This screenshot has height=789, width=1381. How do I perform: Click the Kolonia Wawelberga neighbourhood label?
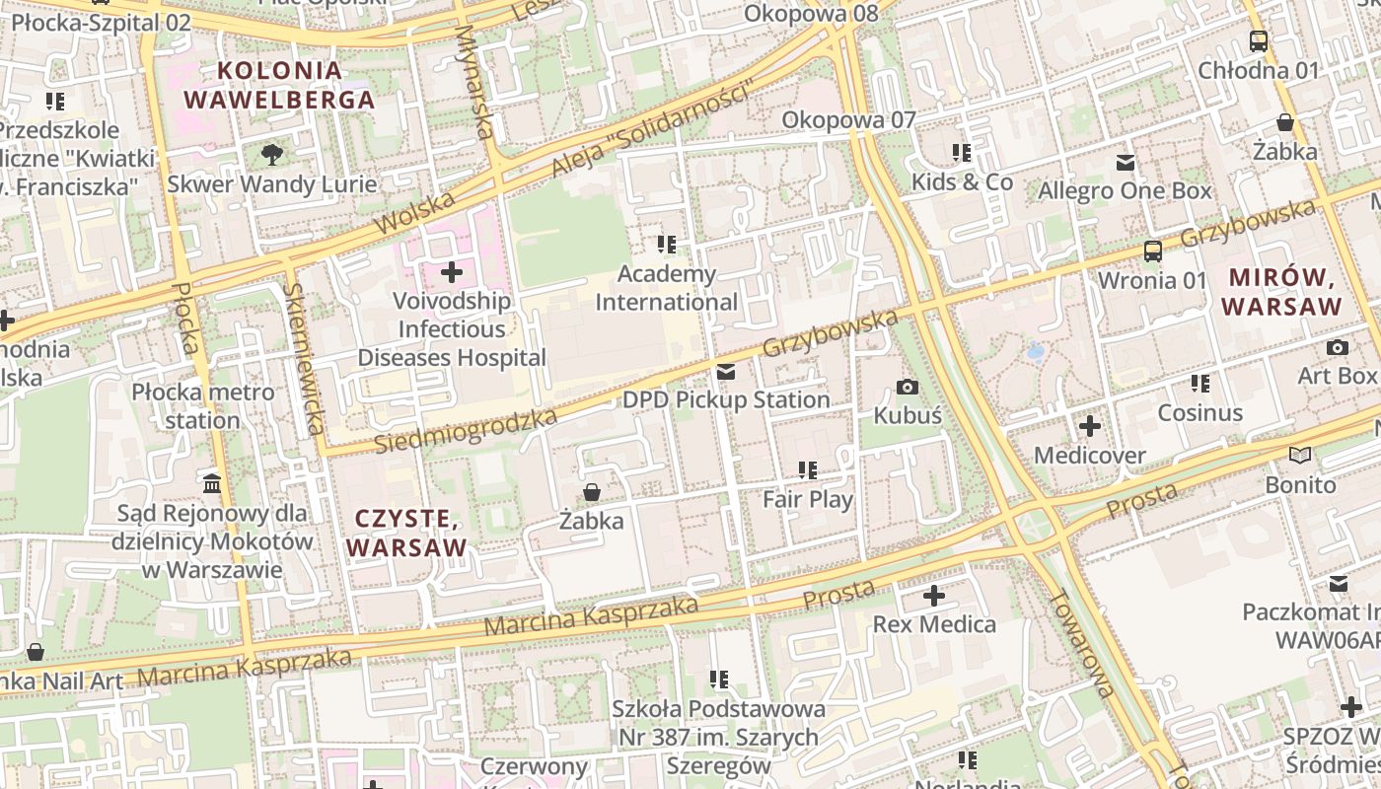pyautogui.click(x=279, y=85)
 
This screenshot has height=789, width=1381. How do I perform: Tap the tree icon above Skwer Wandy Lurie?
pyautogui.click(x=272, y=154)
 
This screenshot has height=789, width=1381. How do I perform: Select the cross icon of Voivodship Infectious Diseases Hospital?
pyautogui.click(x=452, y=271)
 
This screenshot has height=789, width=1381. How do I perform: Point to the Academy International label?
pyautogui.click(x=666, y=287)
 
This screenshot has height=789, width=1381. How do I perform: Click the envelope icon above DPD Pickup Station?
pyautogui.click(x=726, y=372)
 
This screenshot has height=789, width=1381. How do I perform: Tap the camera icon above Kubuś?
pyautogui.click(x=908, y=387)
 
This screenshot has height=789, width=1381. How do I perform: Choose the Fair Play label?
pyautogui.click(x=808, y=499)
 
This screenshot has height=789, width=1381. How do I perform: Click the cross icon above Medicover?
pyautogui.click(x=1089, y=426)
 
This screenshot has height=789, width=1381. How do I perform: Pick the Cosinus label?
pyautogui.click(x=1199, y=412)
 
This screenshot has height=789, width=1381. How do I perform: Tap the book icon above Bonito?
pyautogui.click(x=1300, y=455)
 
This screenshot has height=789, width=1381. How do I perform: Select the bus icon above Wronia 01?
pyautogui.click(x=1152, y=251)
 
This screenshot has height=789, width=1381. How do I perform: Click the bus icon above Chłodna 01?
pyautogui.click(x=1258, y=41)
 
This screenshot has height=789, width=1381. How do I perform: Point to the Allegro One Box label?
pyautogui.click(x=1125, y=190)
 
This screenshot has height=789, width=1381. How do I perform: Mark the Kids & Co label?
pyautogui.click(x=962, y=181)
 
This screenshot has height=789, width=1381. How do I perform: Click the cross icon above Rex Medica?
pyautogui.click(x=933, y=596)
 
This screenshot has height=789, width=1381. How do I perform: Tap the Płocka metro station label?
pyautogui.click(x=203, y=406)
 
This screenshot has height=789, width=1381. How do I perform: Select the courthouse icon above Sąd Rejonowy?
pyautogui.click(x=212, y=483)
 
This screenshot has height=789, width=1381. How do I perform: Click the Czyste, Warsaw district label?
pyautogui.click(x=406, y=533)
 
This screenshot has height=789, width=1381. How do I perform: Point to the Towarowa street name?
pyautogui.click(x=1082, y=643)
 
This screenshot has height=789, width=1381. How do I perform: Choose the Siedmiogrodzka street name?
pyautogui.click(x=466, y=432)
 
